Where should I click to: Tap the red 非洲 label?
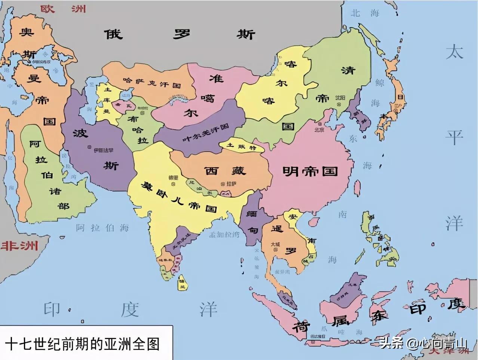(19, 246)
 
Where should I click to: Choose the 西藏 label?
(225, 171)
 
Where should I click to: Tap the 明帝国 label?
(310, 171)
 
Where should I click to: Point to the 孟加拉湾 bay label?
(224, 235)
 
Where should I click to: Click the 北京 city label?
(319, 129)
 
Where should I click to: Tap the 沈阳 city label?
(340, 97)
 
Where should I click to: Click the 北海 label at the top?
(365, 13)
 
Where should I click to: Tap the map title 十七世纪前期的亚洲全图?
(83, 344)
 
